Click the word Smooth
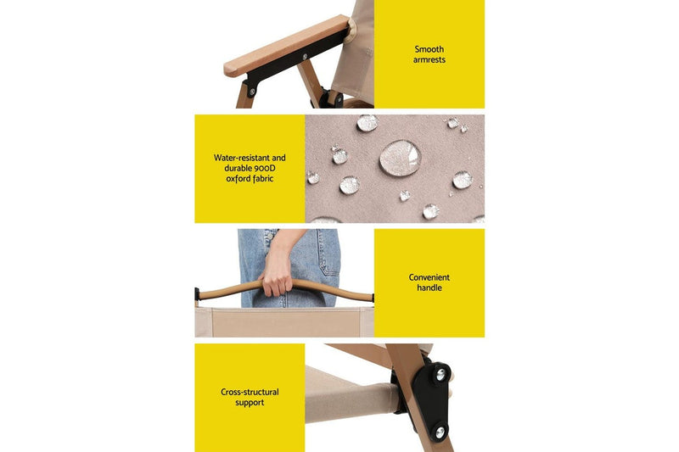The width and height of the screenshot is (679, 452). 429,49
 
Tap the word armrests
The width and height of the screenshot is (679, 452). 429,59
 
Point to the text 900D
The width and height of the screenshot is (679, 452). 265,168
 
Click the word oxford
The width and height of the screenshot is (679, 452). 238,179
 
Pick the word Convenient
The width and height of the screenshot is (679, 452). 429,277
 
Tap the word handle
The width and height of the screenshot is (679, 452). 429,287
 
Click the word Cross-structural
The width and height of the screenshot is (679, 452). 250,392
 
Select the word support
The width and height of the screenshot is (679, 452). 250,402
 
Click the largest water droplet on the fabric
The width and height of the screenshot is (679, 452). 400,157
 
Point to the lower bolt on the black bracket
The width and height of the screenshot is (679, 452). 439,432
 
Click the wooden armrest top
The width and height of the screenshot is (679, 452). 286,46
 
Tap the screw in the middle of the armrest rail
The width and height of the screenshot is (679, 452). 305,57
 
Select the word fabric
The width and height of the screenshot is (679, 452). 262,179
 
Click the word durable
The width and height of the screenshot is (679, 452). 238,168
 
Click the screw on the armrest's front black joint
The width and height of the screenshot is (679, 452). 252,92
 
